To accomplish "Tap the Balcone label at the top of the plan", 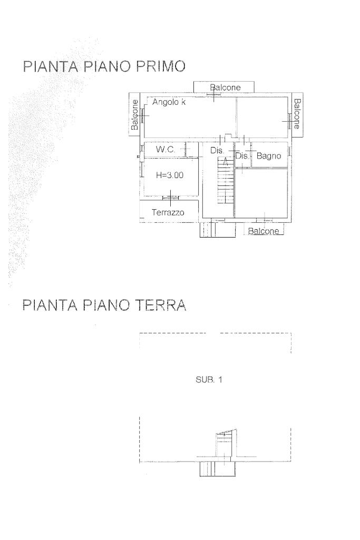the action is point(225,87).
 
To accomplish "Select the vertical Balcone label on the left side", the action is point(135,115).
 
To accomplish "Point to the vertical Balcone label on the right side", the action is point(297,114).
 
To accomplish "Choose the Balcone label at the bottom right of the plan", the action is point(264,231).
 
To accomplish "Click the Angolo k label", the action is point(169,102).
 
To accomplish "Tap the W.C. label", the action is point(166,150).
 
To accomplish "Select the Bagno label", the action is point(269,156).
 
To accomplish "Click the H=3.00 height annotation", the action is point(170,175).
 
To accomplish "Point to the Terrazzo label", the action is point(168,212).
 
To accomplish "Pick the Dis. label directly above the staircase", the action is point(217,151).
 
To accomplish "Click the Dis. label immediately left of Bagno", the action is point(242,156).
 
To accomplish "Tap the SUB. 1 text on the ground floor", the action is point(209,379).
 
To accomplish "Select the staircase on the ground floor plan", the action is point(226,444).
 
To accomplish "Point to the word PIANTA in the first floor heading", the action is point(50,66).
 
